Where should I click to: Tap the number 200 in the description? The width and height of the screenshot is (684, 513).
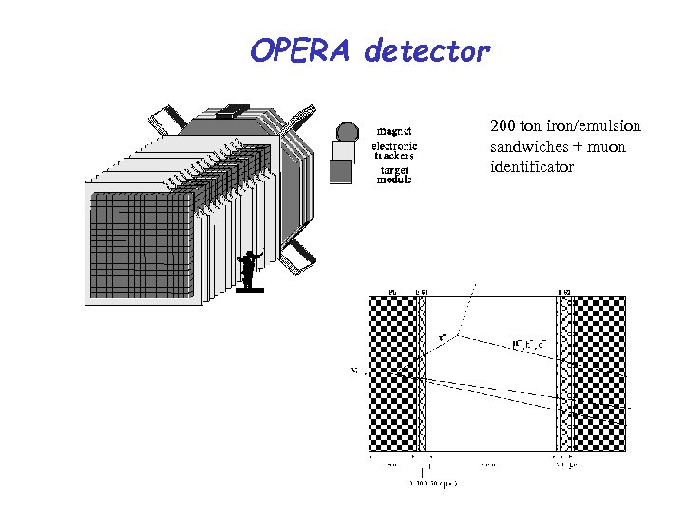(x=503, y=126)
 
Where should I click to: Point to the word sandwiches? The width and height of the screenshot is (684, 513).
(x=527, y=147)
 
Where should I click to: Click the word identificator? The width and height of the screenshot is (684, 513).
(x=532, y=168)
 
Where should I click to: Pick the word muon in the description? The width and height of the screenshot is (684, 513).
(x=604, y=147)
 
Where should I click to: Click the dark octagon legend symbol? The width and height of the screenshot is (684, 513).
(x=348, y=130)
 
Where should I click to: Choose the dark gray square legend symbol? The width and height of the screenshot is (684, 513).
(x=340, y=172)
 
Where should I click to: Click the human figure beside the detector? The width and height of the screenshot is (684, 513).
(x=249, y=268)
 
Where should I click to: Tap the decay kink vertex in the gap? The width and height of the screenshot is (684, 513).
(x=460, y=335)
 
